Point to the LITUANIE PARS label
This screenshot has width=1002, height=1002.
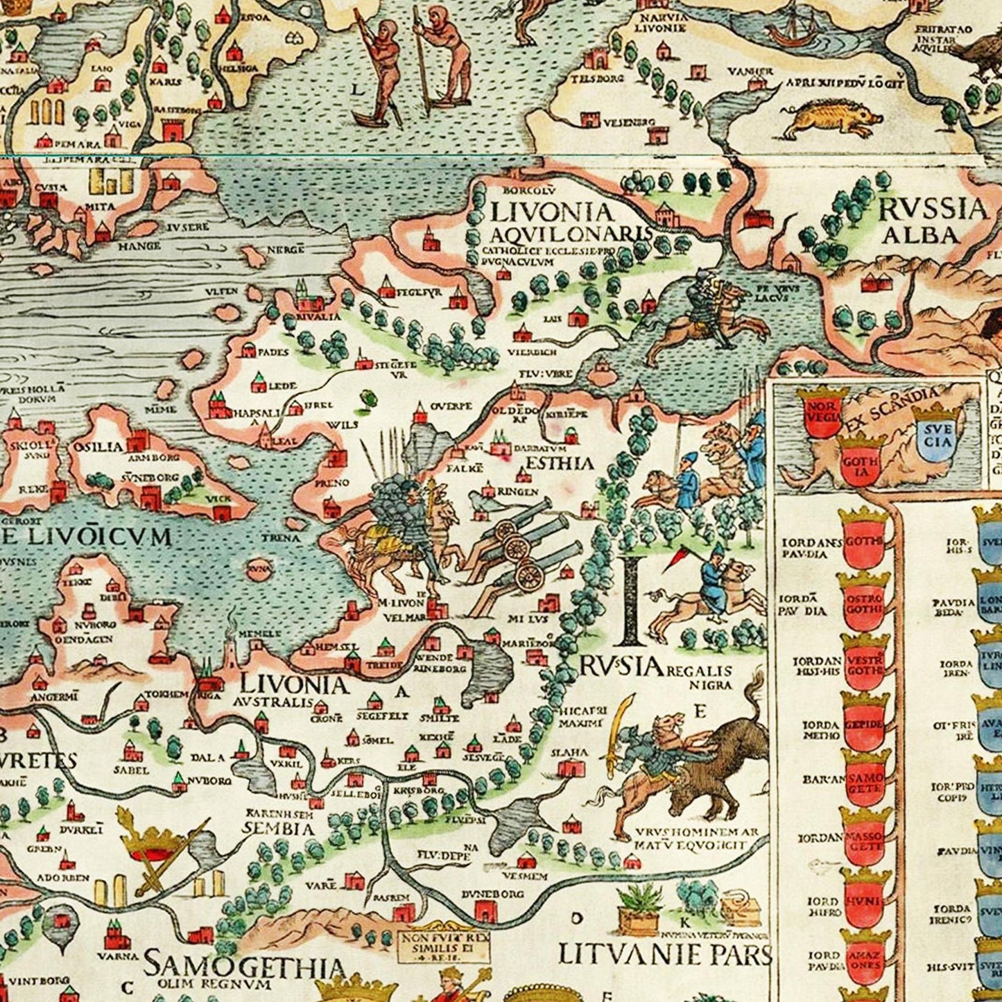664,955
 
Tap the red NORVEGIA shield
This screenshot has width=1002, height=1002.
819,416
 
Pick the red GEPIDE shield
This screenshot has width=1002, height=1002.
865,723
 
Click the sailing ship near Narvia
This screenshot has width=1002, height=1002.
793,26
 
